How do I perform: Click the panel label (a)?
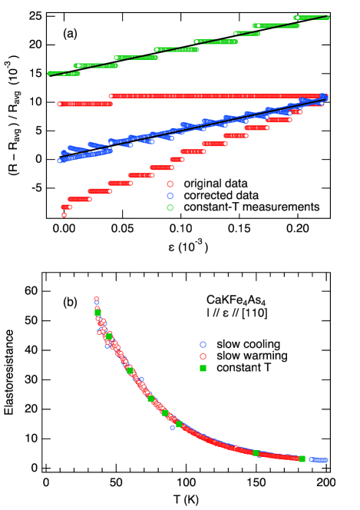click(x=70, y=34)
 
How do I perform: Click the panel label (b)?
click(x=70, y=303)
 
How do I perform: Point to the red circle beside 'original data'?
click(x=170, y=184)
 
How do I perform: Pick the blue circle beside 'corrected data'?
click(x=170, y=196)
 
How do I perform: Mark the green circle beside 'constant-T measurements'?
click(x=170, y=207)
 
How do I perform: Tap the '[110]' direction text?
click(x=259, y=313)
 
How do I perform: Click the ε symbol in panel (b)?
click(x=229, y=313)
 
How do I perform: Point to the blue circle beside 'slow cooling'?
click(x=203, y=343)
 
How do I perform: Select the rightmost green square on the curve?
click(x=302, y=459)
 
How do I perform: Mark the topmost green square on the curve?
click(x=97, y=313)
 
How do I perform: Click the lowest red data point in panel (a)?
click(x=64, y=215)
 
